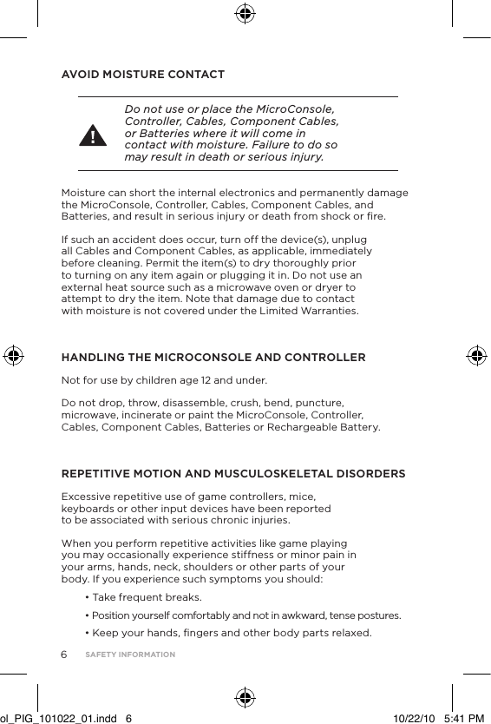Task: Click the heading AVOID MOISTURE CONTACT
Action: click(x=142, y=74)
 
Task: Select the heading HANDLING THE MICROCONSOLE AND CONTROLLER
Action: click(x=213, y=358)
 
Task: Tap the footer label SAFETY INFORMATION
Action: click(x=130, y=655)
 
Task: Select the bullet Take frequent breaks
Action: click(x=143, y=597)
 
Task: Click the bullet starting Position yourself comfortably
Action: click(x=243, y=615)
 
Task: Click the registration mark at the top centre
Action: click(x=245, y=13)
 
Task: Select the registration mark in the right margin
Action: click(x=475, y=356)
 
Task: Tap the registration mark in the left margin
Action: click(x=15, y=356)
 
